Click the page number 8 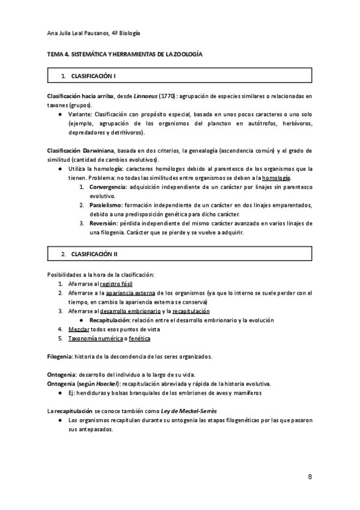point(310,477)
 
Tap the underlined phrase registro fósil point(117,284)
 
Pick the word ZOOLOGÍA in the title point(183,55)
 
